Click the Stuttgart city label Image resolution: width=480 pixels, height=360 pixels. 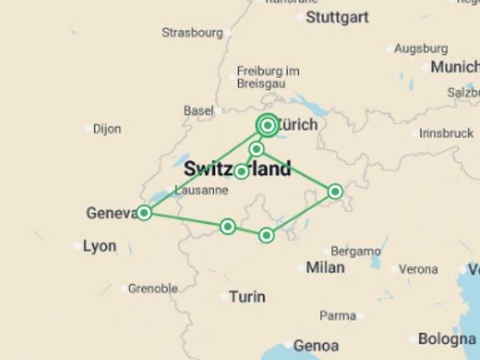click(x=337, y=17)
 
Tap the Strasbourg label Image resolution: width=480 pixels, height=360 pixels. click(x=192, y=32)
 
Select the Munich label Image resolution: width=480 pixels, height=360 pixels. click(x=454, y=67)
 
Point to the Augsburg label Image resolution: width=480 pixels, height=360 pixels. click(x=421, y=48)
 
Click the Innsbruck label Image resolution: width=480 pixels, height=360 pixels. click(x=446, y=133)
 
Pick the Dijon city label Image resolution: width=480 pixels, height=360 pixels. click(x=107, y=129)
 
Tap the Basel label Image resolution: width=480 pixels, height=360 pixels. click(x=198, y=111)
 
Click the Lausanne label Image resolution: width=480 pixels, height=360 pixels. click(x=201, y=191)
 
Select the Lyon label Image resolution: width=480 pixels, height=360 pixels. click(x=99, y=246)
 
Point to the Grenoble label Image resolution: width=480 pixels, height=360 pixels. click(x=152, y=289)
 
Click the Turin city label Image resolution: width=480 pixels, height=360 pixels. click(x=247, y=297)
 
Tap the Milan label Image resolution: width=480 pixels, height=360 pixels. click(x=325, y=267)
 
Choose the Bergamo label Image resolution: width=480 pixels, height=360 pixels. click(x=356, y=251)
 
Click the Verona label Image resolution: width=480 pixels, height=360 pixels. click(x=418, y=269)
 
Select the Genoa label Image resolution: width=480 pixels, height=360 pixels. click(x=316, y=345)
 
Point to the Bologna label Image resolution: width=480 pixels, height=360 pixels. click(x=447, y=339)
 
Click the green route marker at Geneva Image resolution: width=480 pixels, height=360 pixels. click(x=144, y=213)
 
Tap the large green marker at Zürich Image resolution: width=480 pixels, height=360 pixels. click(x=267, y=126)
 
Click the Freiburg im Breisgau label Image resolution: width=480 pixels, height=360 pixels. click(x=268, y=77)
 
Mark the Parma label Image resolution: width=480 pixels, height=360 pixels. click(x=337, y=316)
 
